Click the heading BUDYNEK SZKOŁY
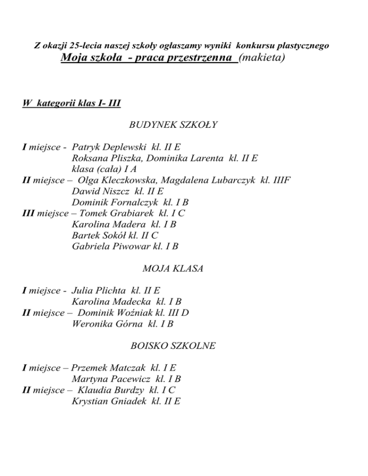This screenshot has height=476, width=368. [173, 125]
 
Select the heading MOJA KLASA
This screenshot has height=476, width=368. [173, 269]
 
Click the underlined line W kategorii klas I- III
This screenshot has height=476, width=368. [71, 103]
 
